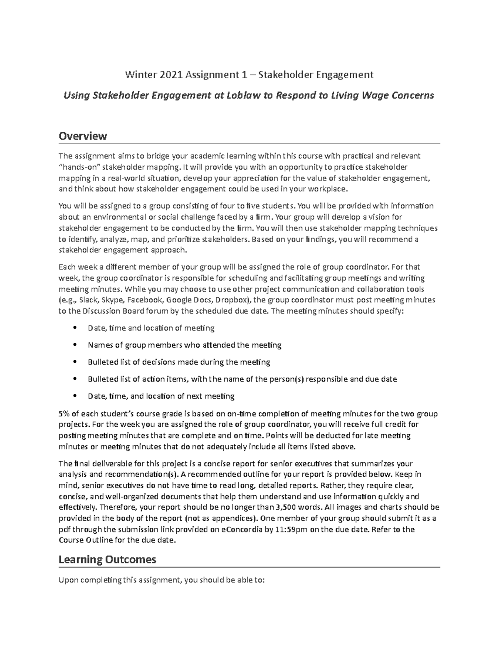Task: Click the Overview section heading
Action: click(83, 136)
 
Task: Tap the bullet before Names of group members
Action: click(74, 345)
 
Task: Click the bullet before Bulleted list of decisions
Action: click(74, 362)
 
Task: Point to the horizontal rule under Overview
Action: click(249, 144)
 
